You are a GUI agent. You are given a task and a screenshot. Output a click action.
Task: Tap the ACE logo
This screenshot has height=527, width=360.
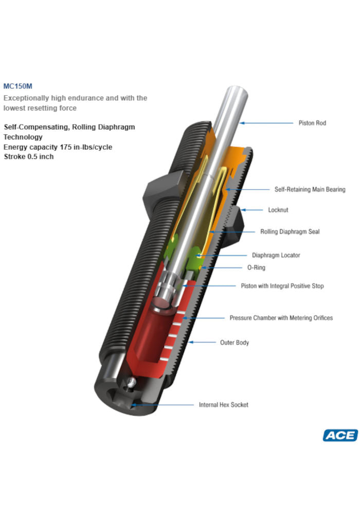[x=340, y=435]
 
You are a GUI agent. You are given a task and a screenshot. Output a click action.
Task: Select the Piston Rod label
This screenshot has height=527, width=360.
[x=312, y=123]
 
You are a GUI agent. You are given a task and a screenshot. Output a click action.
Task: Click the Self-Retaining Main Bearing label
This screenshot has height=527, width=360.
[x=310, y=189]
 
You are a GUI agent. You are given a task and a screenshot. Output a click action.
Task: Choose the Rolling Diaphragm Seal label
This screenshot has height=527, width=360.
[x=290, y=232]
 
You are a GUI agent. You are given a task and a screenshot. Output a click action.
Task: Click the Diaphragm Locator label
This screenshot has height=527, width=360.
[x=276, y=255]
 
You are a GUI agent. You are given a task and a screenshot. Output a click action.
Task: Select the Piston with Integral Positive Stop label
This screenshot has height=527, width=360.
[x=282, y=286]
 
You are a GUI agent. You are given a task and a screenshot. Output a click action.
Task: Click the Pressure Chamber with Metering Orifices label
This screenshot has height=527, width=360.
[x=281, y=318]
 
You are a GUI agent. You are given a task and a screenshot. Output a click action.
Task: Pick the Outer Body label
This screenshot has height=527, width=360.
[x=235, y=342]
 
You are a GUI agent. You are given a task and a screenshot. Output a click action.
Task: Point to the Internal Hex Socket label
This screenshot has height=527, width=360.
[x=223, y=405]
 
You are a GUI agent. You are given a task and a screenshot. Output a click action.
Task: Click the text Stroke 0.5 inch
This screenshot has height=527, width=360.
[x=28, y=156]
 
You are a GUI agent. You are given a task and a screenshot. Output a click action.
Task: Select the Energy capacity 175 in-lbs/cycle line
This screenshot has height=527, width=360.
[x=58, y=147]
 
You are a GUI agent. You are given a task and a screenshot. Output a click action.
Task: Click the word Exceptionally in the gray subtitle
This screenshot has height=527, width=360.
[x=24, y=98]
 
